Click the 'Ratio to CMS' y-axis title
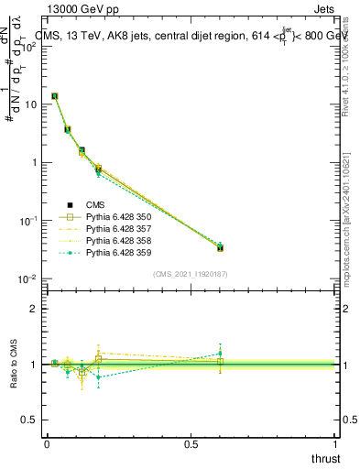(x=15, y=365)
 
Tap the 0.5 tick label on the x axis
(x=191, y=444)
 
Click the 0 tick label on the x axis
(x=47, y=444)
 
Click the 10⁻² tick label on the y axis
(x=28, y=278)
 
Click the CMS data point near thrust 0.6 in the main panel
(x=220, y=247)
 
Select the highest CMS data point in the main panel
(x=55, y=96)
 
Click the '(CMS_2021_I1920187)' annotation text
(x=191, y=274)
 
